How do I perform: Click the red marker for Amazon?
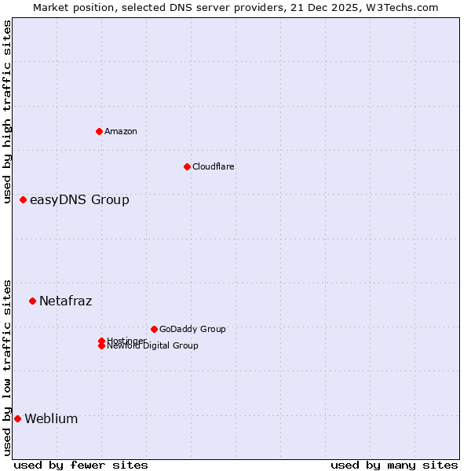coord(99,131)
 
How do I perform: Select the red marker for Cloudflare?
coord(187,166)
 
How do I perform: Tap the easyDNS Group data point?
coord(24,200)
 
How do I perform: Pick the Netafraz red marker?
coord(32,301)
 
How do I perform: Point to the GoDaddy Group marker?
coord(154,329)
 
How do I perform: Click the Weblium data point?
coord(17,418)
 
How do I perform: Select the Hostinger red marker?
coord(101,341)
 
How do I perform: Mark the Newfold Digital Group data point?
coord(101,346)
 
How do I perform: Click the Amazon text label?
coord(121,131)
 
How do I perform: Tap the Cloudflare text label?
coord(214,166)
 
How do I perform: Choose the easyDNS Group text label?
coord(79,200)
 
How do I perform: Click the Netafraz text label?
coord(66,301)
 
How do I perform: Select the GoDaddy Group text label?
coord(192,329)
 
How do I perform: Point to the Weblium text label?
coord(51,418)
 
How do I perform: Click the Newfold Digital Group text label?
coord(153,346)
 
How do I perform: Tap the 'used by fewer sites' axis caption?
coord(81,465)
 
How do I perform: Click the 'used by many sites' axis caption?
coord(394,465)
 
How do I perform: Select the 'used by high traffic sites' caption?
coord(8,111)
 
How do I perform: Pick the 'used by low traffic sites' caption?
coord(8,367)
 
